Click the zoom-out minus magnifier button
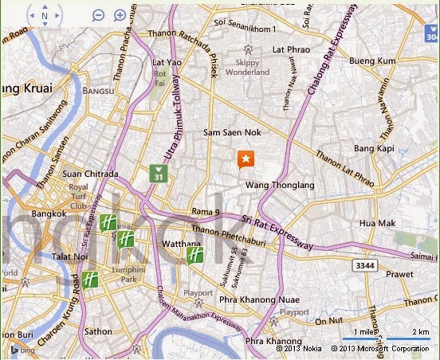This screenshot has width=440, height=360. tap(97, 15)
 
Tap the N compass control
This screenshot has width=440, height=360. tap(44, 15)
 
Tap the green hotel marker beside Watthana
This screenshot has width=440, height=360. tap(194, 255)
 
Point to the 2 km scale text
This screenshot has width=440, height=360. tap(420, 331)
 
